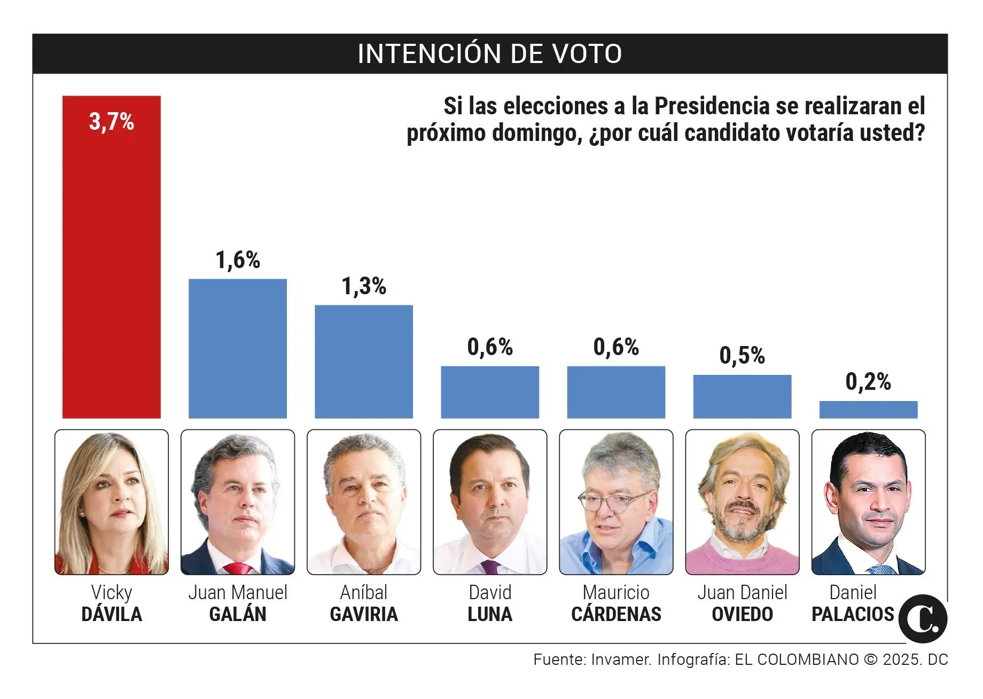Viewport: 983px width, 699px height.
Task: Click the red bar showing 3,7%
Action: (111, 267)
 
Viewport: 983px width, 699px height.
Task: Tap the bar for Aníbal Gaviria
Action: (363, 362)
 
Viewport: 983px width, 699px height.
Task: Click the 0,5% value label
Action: (742, 356)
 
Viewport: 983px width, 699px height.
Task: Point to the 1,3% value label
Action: (363, 287)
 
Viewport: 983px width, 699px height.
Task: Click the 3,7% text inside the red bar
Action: (111, 122)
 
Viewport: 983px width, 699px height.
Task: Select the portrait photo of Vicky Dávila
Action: (111, 502)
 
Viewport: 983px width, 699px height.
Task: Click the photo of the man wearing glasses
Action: (615, 502)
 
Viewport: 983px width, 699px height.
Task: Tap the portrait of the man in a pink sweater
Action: (742, 502)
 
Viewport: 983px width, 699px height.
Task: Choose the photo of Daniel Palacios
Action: (868, 502)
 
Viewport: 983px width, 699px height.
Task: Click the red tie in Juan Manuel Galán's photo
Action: (237, 568)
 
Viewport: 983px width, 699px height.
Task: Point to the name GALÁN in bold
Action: (237, 615)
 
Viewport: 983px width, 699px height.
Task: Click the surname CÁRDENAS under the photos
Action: (615, 615)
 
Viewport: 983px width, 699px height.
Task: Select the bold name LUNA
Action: (489, 615)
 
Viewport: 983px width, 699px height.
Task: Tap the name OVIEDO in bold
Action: (742, 615)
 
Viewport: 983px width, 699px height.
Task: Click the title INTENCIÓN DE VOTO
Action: (489, 54)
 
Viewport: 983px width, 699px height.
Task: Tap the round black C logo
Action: (923, 619)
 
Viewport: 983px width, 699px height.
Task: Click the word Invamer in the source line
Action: (621, 660)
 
